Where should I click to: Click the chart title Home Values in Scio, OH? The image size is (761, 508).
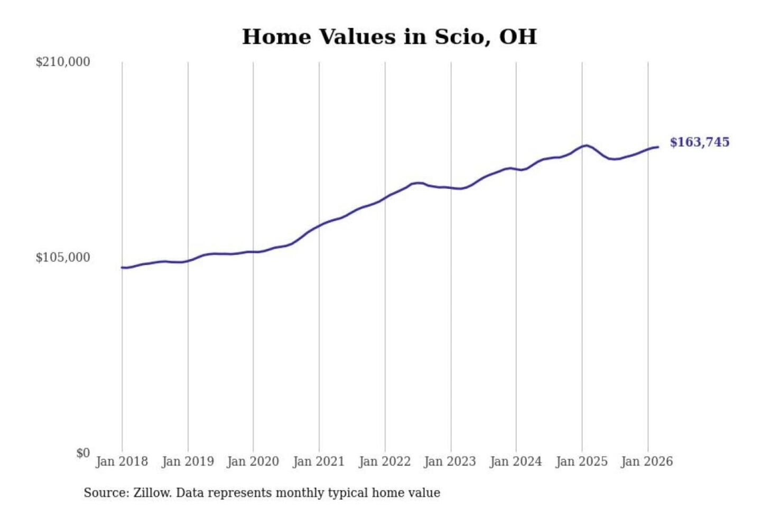coord(389,37)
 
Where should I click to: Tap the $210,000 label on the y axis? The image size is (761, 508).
coord(63,62)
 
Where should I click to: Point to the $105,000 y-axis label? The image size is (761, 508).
coord(63,257)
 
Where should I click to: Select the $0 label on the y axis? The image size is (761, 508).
coord(83,453)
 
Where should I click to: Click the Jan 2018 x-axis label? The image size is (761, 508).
coord(122,461)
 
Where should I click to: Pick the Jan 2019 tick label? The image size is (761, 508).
coord(188,461)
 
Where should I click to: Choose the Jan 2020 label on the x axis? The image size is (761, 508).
coord(253,461)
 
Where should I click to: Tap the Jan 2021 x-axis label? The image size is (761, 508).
coord(319,461)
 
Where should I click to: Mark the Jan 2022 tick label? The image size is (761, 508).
coord(385,461)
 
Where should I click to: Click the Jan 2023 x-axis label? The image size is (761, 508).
coord(450,461)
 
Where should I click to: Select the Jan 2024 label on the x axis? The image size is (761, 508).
coord(516,461)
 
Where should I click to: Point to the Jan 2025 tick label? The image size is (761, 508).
coord(582,461)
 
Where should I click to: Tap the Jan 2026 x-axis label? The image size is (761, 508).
coord(647,461)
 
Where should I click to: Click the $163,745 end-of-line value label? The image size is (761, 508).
coord(700,142)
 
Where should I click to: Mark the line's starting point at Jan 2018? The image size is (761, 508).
coord(122,267)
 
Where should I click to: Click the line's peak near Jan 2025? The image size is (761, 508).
coord(586,145)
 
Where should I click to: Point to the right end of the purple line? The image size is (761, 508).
coord(658,147)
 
